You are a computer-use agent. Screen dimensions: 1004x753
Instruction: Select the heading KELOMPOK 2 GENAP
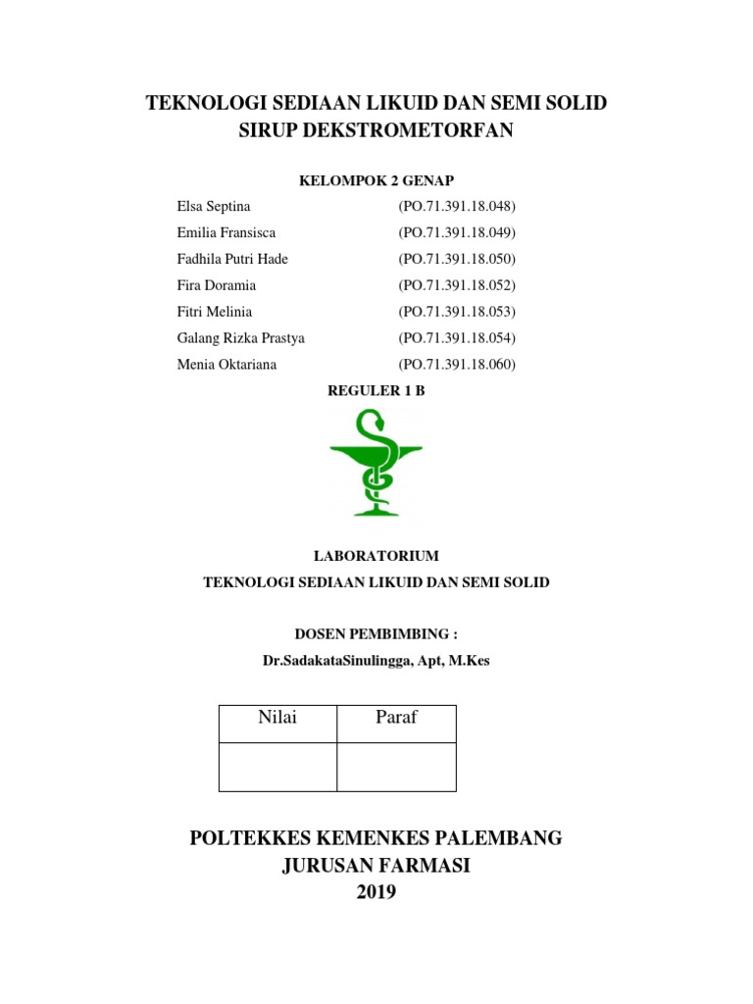tap(376, 180)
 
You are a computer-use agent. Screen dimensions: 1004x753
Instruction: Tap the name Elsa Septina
tap(214, 207)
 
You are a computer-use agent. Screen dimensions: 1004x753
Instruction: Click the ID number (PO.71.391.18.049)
tap(456, 232)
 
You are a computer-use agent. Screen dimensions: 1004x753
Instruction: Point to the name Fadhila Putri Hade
tap(232, 259)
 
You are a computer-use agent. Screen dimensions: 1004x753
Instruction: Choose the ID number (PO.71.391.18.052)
tap(456, 285)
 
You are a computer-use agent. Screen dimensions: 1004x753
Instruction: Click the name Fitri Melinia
tap(214, 312)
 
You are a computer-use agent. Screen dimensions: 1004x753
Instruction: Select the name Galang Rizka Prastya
tap(240, 338)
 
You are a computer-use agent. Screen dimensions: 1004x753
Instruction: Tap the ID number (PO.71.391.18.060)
tap(456, 365)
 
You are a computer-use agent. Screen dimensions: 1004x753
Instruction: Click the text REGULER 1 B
tap(376, 390)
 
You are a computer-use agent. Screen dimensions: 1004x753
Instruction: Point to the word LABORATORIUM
tap(376, 556)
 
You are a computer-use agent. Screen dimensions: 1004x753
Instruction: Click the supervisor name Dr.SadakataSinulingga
tap(332, 661)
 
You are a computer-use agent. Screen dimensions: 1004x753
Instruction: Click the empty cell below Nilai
tap(277, 767)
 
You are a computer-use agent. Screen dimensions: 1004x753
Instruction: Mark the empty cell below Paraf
tap(396, 767)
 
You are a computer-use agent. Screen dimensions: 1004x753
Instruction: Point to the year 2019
tap(376, 892)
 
